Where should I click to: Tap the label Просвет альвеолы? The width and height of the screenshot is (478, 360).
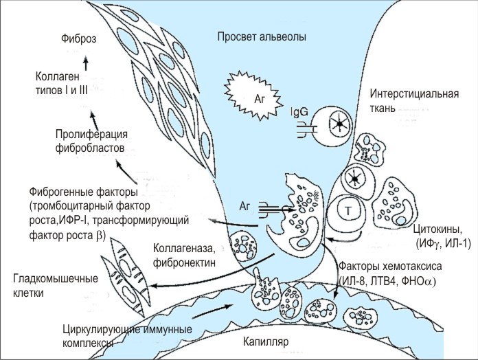click(261, 36)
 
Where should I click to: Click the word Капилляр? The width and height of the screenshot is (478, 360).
click(269, 339)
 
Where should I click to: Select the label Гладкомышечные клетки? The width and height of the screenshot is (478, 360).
click(56, 286)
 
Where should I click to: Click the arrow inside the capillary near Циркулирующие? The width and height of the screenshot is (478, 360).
click(214, 312)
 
